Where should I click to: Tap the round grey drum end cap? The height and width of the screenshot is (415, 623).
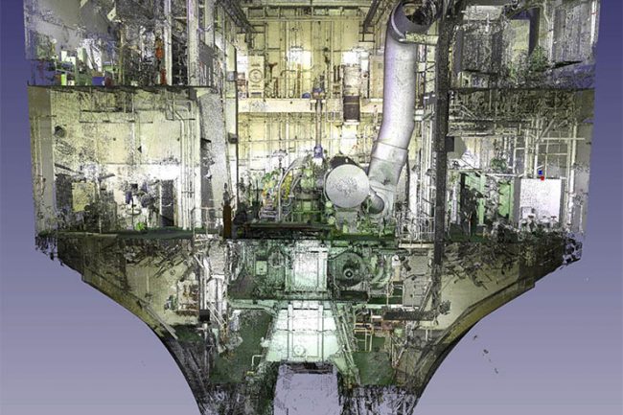coord(347,185)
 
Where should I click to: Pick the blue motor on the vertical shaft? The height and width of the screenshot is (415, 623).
coord(317,151)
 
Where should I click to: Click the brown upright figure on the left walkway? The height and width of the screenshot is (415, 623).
coord(227,213)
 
